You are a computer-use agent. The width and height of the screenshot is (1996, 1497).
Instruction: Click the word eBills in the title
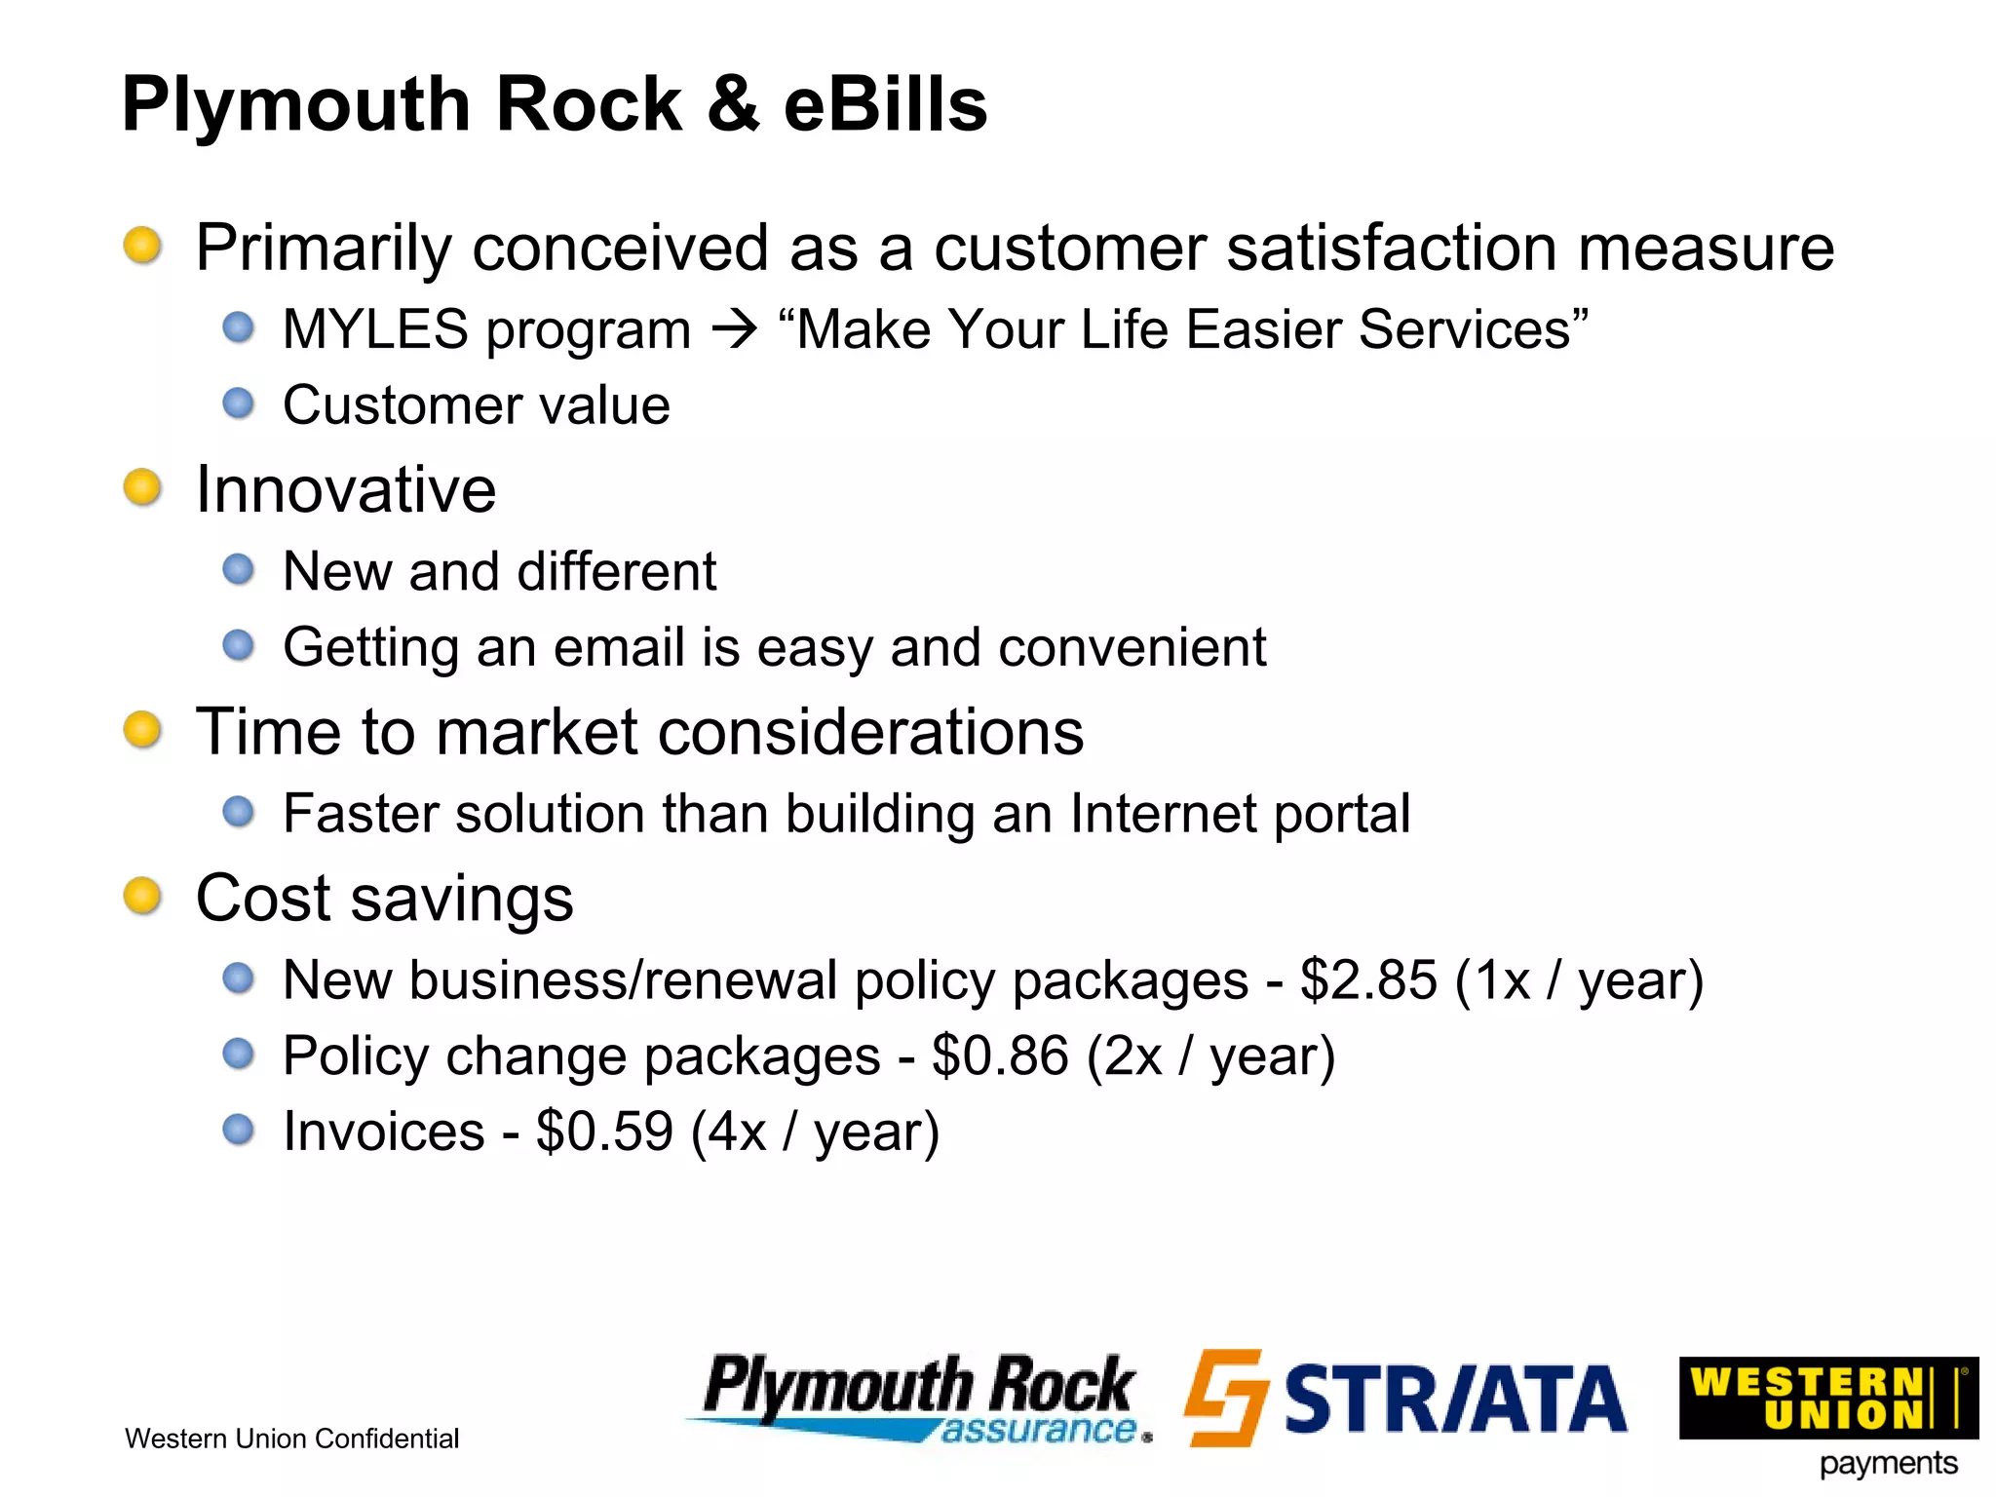tap(885, 104)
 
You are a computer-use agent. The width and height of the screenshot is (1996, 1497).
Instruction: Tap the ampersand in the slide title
tap(733, 104)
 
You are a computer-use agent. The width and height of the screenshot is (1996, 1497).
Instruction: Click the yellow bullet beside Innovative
tap(142, 487)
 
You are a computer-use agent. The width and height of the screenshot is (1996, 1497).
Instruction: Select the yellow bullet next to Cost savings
tap(142, 896)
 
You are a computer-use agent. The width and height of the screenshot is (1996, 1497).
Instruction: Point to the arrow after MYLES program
tap(734, 329)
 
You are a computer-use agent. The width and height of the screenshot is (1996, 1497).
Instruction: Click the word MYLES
tap(375, 329)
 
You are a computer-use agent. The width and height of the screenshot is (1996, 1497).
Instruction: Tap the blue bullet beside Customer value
tap(238, 403)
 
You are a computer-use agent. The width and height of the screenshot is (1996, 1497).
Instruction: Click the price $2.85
tap(1368, 979)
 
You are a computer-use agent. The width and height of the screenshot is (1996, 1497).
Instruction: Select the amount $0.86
tap(1000, 1056)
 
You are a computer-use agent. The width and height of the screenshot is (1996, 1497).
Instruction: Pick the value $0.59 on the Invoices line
tap(604, 1132)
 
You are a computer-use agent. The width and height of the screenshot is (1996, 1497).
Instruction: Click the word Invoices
tap(383, 1132)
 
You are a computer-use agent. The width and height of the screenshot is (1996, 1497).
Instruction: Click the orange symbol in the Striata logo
tap(1225, 1397)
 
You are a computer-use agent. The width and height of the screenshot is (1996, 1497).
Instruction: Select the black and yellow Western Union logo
tap(1827, 1398)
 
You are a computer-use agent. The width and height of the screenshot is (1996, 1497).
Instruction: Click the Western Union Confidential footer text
tap(291, 1439)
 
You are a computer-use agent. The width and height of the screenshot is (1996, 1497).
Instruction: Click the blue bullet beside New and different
tap(238, 569)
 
